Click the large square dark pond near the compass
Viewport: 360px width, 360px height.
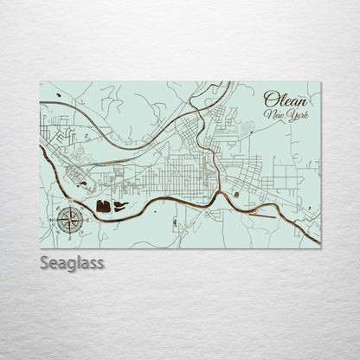point(105,206)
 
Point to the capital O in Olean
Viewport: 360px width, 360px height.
point(269,99)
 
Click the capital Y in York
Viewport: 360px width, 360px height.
point(292,116)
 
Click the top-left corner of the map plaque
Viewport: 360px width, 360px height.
point(40,82)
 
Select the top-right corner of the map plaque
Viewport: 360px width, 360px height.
point(320,82)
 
